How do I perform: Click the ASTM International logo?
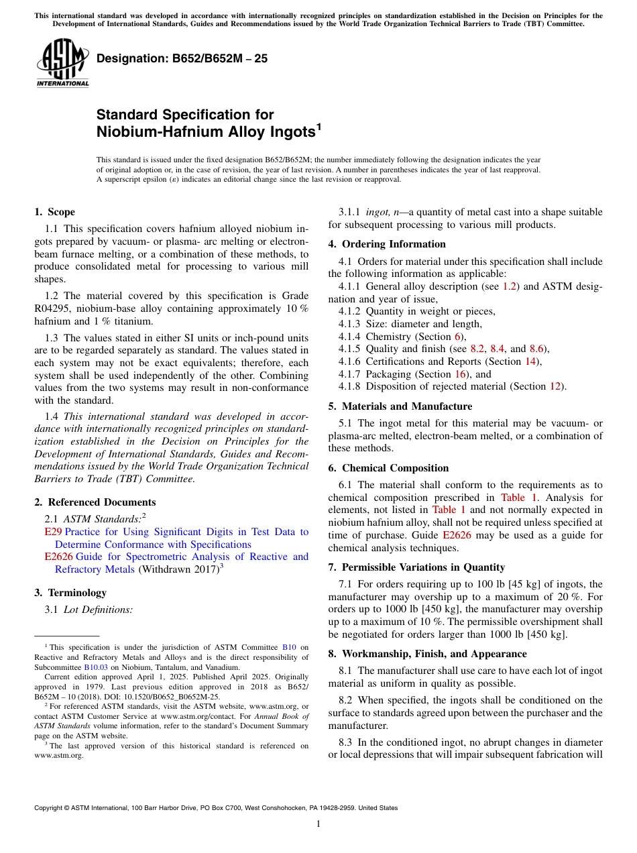point(62,63)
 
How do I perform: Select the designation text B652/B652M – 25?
point(182,58)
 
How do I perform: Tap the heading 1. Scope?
point(54,212)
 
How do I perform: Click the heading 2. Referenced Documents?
point(95,502)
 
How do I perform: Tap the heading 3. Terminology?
point(70,593)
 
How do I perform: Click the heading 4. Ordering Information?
point(387,244)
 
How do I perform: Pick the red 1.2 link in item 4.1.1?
point(509,286)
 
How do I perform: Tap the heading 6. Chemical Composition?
point(388,468)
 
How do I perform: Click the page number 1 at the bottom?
point(318,824)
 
